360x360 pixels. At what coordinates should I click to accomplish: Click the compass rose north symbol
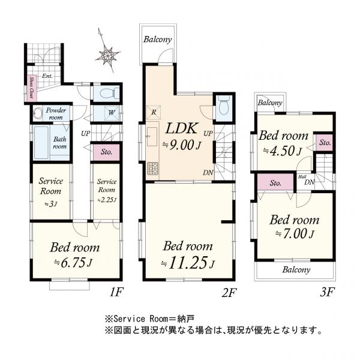107,54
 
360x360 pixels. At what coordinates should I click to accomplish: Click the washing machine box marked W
112,113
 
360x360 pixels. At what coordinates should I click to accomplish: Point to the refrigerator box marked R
154,113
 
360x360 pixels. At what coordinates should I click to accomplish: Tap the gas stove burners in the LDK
152,168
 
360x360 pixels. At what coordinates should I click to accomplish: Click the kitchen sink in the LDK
152,137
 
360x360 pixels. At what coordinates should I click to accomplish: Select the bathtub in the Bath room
41,143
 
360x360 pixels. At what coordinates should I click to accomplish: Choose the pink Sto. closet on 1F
106,152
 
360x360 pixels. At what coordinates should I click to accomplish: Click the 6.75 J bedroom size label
73,262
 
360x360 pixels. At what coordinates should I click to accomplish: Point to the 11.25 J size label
188,263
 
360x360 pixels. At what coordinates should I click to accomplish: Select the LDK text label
181,128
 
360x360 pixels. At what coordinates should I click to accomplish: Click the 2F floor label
229,293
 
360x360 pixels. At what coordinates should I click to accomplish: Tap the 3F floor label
328,292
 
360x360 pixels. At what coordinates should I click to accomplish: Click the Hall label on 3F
302,177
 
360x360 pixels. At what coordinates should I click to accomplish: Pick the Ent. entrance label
47,76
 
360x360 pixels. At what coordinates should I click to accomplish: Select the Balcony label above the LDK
157,40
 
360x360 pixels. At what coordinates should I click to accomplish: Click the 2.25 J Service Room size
107,200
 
